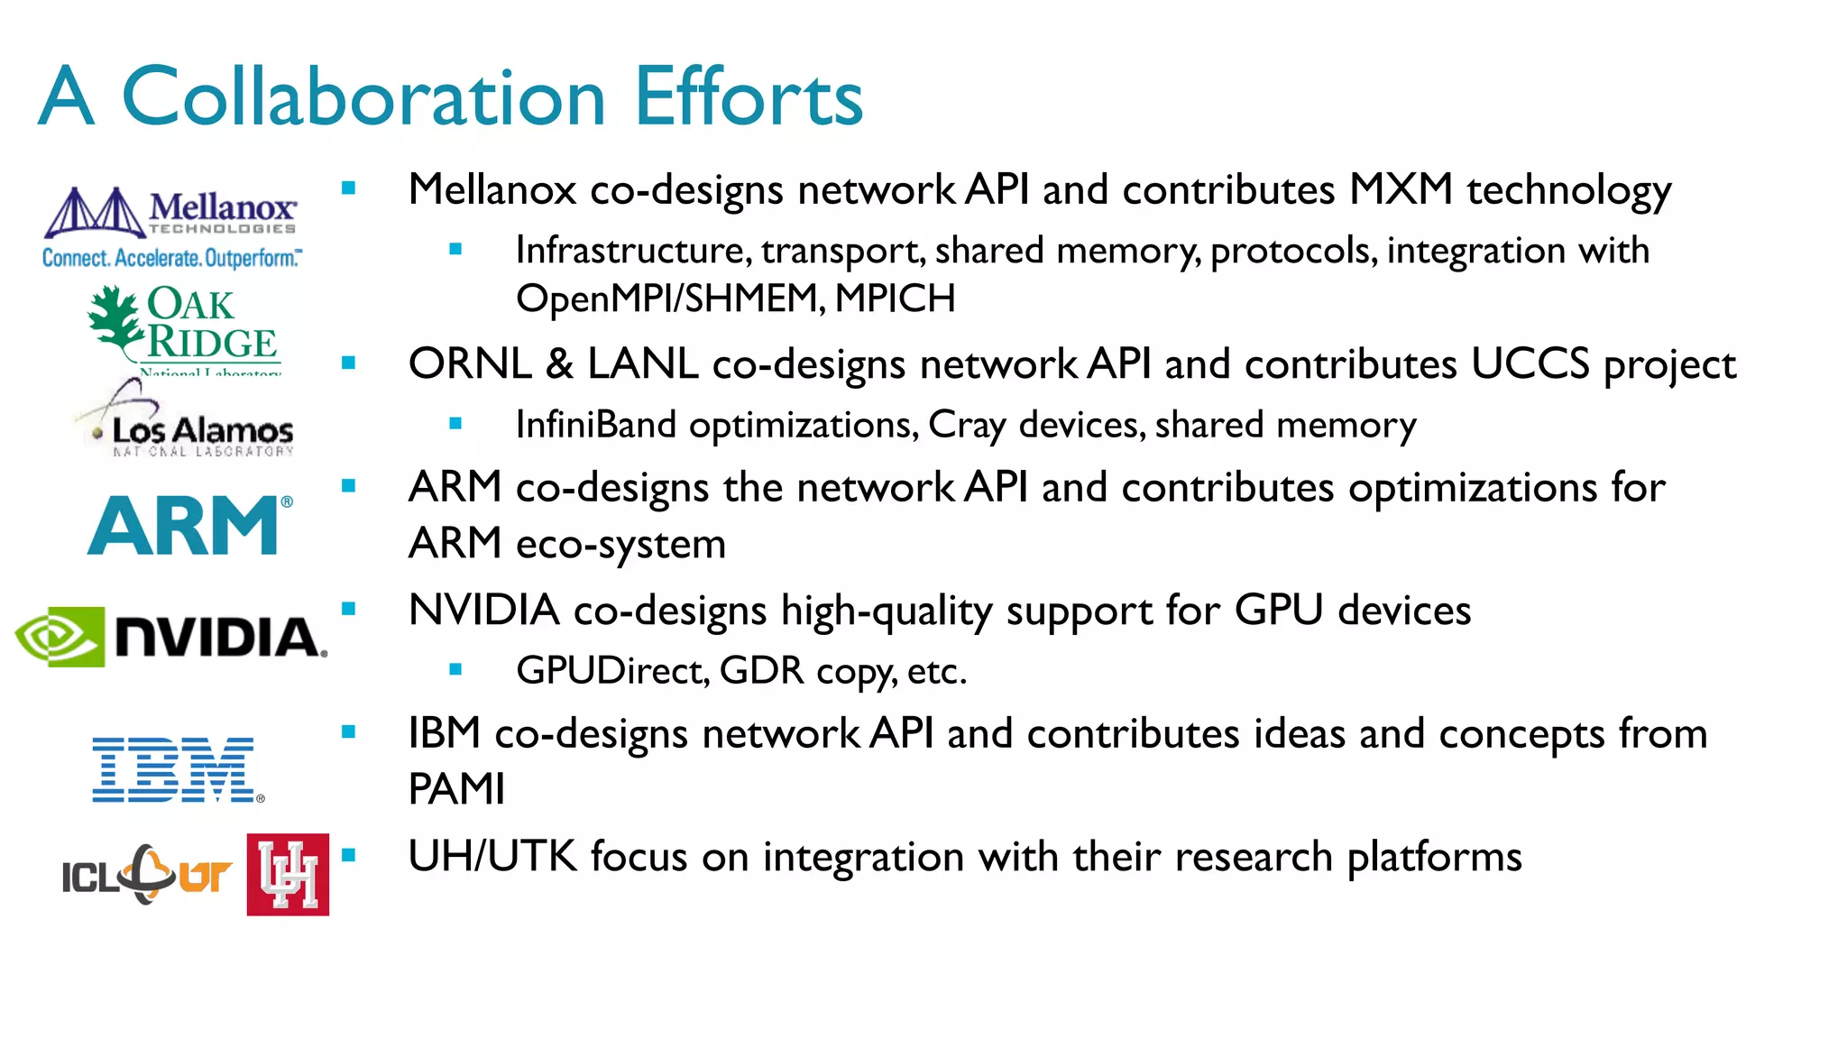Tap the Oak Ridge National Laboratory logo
point(185,327)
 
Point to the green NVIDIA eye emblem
point(60,637)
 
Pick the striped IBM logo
point(177,769)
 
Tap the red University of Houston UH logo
point(288,874)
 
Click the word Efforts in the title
point(749,97)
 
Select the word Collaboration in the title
point(363,97)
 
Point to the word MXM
point(1401,189)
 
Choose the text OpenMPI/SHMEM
point(668,299)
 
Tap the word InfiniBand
point(595,425)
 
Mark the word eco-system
point(620,544)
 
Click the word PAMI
point(456,789)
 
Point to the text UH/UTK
point(492,856)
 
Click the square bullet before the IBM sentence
point(349,732)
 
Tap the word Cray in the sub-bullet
point(967,425)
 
